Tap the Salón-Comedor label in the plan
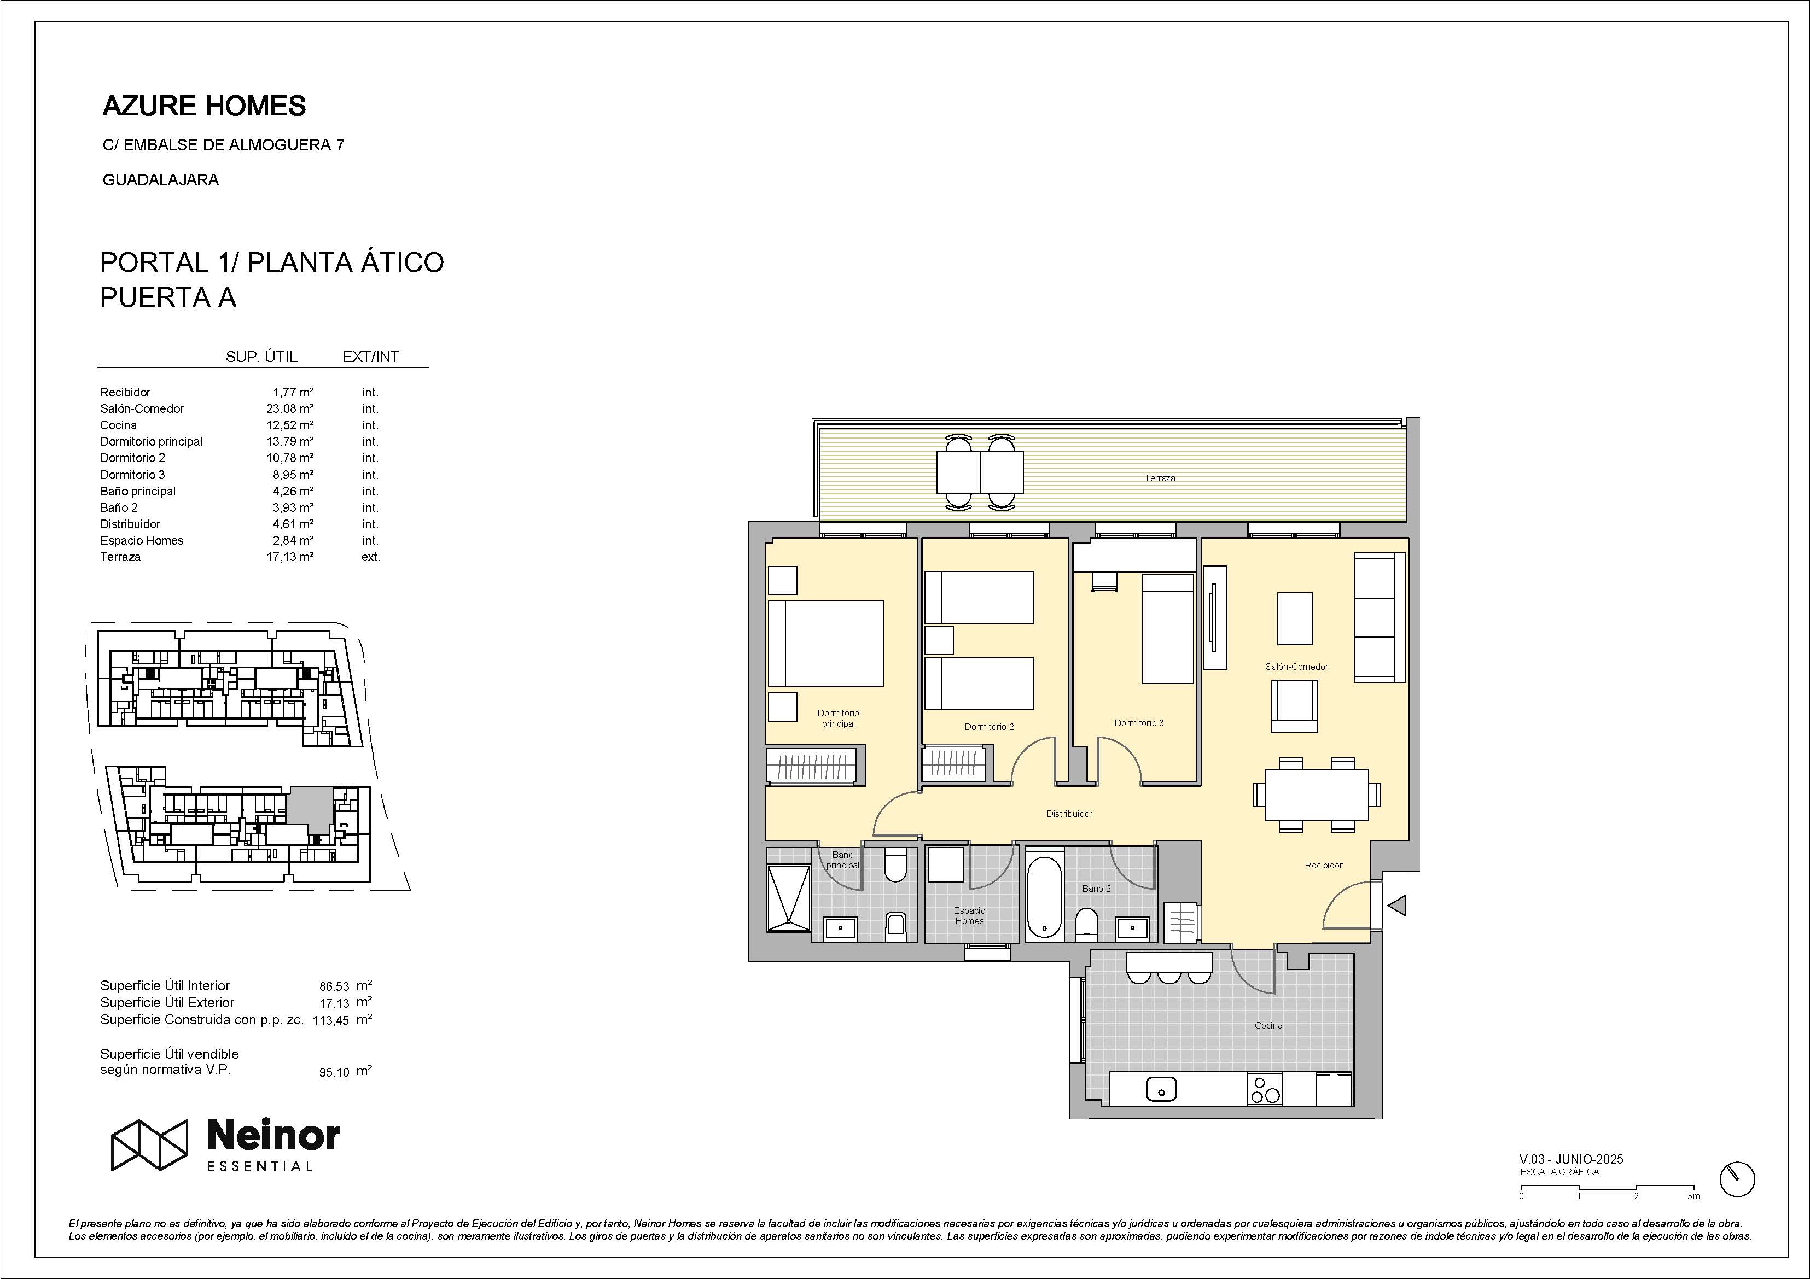pyautogui.click(x=1297, y=667)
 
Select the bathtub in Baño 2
pyautogui.click(x=1045, y=897)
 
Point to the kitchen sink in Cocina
pyautogui.click(x=1160, y=1090)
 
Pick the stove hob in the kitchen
pyautogui.click(x=1265, y=1089)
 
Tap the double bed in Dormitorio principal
pyautogui.click(x=825, y=644)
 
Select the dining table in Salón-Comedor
pyautogui.click(x=1317, y=795)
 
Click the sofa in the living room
pyautogui.click(x=1380, y=617)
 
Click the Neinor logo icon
pyautogui.click(x=149, y=1144)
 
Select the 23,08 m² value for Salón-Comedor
pyautogui.click(x=290, y=409)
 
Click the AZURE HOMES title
pyautogui.click(x=204, y=106)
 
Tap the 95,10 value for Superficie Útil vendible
pyautogui.click(x=334, y=1072)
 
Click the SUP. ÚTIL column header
pyautogui.click(x=261, y=357)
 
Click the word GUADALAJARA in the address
pyautogui.click(x=161, y=180)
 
